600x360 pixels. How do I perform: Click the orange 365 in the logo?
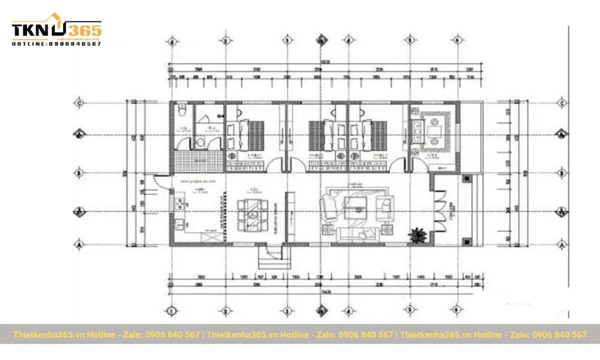(x=84, y=29)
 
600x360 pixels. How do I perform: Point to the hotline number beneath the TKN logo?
(x=57, y=44)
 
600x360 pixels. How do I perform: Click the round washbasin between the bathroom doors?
(x=197, y=142)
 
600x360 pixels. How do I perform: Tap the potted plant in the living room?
(x=416, y=235)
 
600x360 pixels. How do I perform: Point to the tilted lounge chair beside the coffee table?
(x=329, y=207)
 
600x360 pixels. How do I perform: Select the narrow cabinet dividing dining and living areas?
(x=289, y=213)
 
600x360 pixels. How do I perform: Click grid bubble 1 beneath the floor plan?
(x=172, y=311)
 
